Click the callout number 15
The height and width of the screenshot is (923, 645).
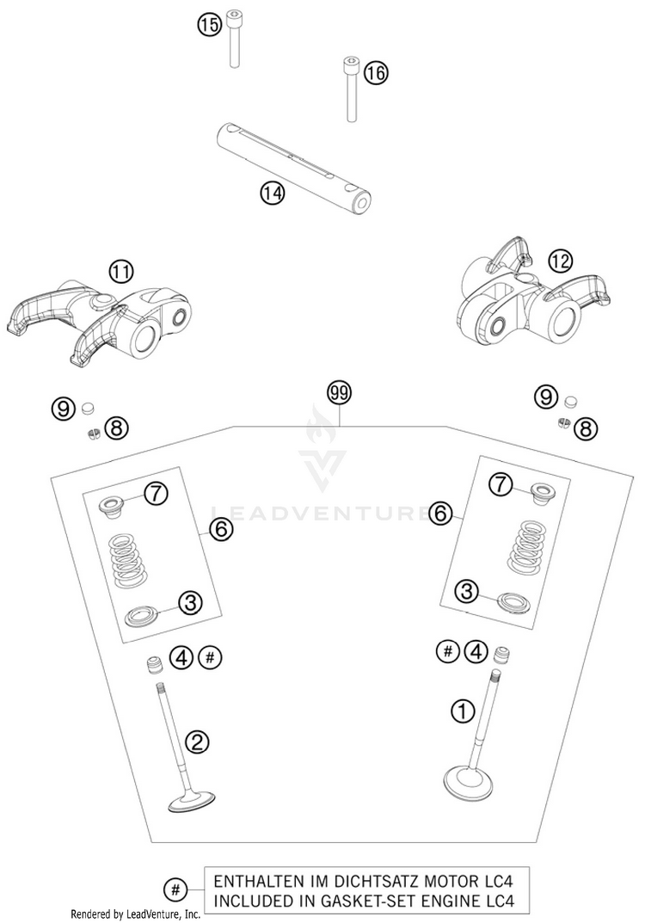(x=208, y=25)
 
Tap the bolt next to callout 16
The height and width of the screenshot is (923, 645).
(x=351, y=89)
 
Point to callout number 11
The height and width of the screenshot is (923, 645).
(x=120, y=272)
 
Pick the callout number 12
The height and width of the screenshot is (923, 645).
(x=560, y=261)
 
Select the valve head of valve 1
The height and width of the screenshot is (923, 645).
(x=468, y=783)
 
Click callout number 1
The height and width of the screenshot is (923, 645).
(x=463, y=711)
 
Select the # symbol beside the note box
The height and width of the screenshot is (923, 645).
(x=175, y=890)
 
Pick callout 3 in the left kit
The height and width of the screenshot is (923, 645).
(x=190, y=602)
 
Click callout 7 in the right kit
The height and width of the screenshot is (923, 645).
(x=500, y=485)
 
